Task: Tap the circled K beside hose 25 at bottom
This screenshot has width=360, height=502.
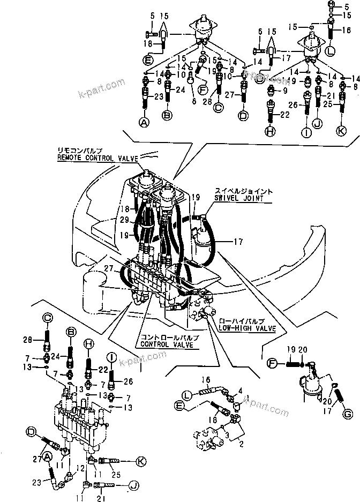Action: [x=141, y=461]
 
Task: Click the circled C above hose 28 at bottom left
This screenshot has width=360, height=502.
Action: [x=47, y=318]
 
